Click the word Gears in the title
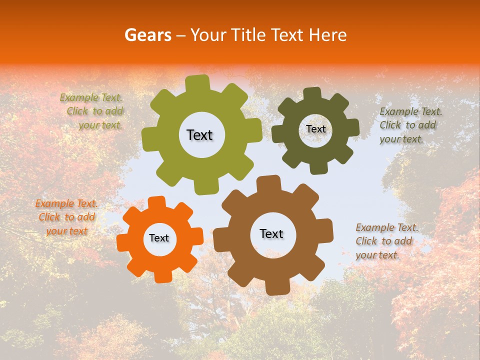pos(147,35)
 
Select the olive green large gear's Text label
pos(199,135)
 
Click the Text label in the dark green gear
pos(315,129)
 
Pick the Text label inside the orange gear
pos(159,238)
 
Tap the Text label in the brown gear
pos(271,233)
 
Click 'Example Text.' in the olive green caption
pos(91,98)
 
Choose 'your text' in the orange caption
pos(66,231)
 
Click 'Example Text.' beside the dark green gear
pos(411,111)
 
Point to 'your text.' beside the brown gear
pos(377,254)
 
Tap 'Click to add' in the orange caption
pos(66,217)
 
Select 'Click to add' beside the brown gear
pos(383,241)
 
